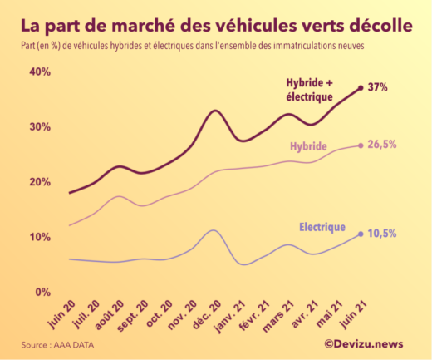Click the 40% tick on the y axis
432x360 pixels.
(x=40, y=72)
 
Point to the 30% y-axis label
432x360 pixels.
(x=40, y=127)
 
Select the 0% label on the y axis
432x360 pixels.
(x=42, y=292)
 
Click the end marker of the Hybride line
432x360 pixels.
(x=361, y=145)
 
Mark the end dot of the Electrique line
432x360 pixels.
(x=361, y=234)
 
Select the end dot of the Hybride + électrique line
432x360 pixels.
(x=361, y=87)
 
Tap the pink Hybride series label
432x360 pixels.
(x=308, y=147)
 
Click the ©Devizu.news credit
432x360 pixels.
(x=365, y=343)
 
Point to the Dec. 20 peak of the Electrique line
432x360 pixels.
(x=214, y=230)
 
